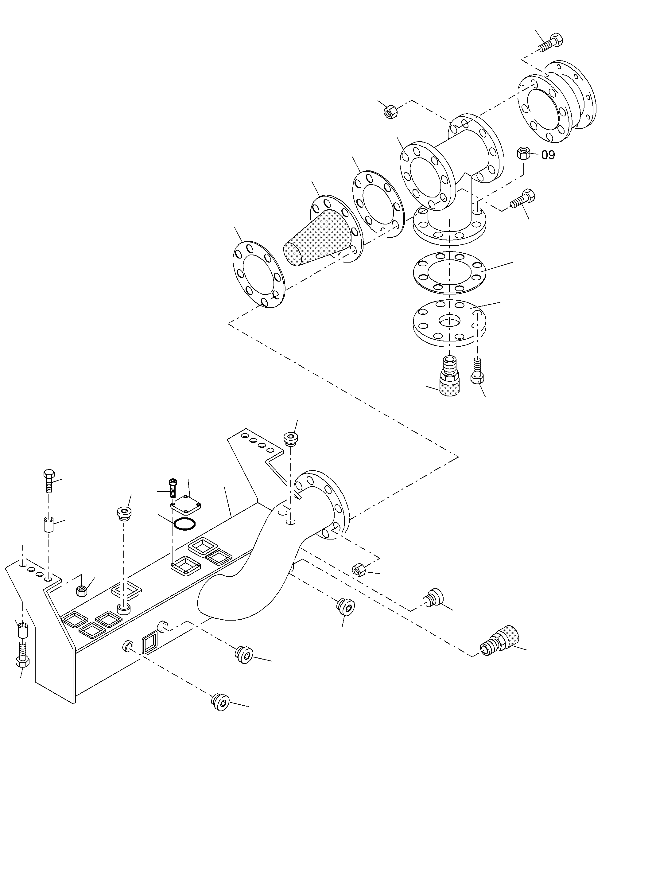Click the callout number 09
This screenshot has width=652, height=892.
pyautogui.click(x=548, y=155)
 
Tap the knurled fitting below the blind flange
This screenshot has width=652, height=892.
pyautogui.click(x=450, y=379)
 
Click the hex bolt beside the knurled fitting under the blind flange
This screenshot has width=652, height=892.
pyautogui.click(x=477, y=371)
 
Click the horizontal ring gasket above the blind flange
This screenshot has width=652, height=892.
pyautogui.click(x=449, y=272)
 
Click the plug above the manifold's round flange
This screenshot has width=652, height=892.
pyautogui.click(x=291, y=438)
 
